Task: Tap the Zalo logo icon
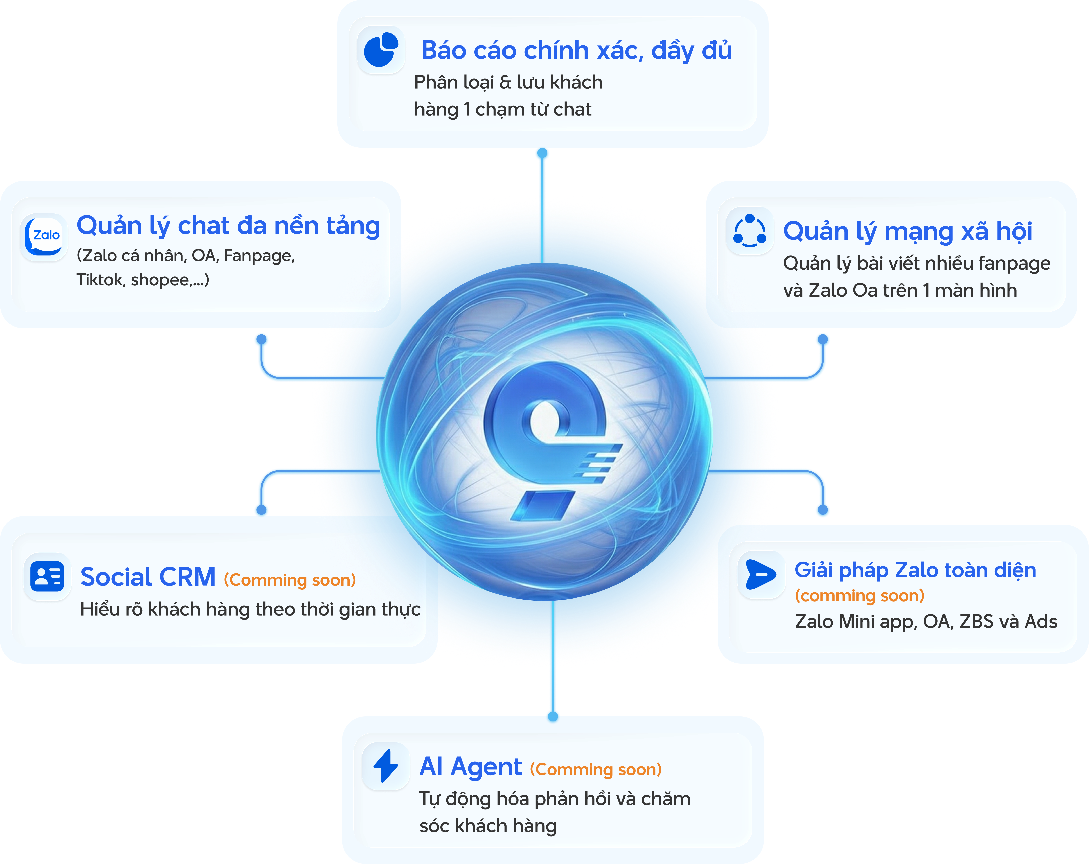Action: click(44, 236)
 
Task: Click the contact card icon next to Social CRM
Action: click(47, 576)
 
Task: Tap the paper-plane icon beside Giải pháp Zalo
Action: click(761, 574)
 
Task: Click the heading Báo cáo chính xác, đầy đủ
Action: click(576, 50)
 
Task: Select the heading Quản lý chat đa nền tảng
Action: click(228, 226)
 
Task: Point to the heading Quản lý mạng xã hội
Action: click(907, 231)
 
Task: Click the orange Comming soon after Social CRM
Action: click(290, 580)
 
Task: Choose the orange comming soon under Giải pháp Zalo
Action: click(859, 595)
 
